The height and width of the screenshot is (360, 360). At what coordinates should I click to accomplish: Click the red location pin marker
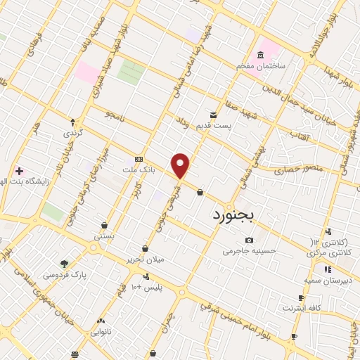click(181, 165)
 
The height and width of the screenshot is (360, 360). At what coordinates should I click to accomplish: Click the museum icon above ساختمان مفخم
click(261, 55)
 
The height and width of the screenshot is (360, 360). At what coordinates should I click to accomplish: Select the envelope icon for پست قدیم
click(212, 115)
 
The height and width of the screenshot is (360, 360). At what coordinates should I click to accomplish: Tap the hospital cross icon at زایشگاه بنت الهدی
click(19, 171)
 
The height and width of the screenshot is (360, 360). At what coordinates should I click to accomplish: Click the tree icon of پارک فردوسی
click(65, 264)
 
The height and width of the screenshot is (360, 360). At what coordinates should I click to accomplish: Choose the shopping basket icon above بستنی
click(104, 226)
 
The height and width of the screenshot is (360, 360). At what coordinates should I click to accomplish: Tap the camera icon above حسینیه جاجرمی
click(249, 240)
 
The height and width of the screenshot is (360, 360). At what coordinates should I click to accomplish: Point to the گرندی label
click(73, 132)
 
